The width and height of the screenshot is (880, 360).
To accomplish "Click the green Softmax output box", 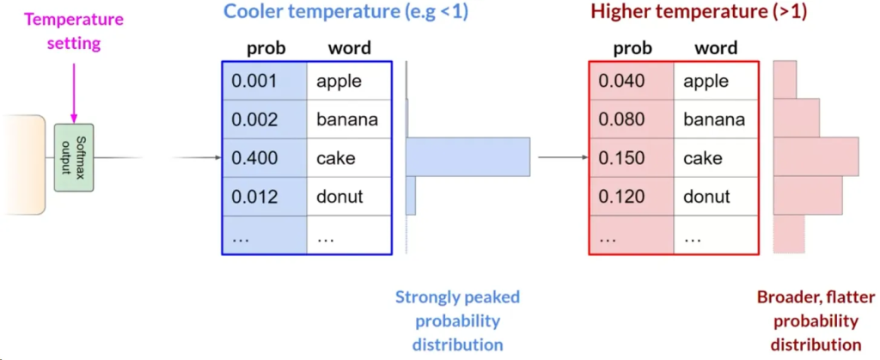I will coord(73,155).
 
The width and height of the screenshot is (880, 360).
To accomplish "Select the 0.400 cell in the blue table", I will coord(254,158).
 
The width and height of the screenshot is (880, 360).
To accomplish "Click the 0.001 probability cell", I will coord(254,82).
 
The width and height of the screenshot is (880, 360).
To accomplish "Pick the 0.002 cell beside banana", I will coord(254,120).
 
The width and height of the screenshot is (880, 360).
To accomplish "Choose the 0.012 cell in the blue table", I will coord(254,197).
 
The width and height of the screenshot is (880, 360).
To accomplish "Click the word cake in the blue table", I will coord(335,158).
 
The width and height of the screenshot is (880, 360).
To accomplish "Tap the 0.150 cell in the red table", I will coord(621,158).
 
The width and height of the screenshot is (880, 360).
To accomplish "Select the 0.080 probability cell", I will coord(621,120).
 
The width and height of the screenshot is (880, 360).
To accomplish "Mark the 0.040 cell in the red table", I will coord(621,82).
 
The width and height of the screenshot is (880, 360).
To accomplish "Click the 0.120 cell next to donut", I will coord(621,197).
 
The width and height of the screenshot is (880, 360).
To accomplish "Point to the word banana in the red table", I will coord(713,120).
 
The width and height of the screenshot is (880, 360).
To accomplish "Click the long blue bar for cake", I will coord(468,157).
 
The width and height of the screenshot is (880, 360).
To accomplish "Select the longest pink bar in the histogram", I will coord(816,157).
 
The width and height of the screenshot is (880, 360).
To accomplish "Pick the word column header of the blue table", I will coord(350,48).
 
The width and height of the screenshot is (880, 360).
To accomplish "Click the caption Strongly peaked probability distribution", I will coord(457,320).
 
